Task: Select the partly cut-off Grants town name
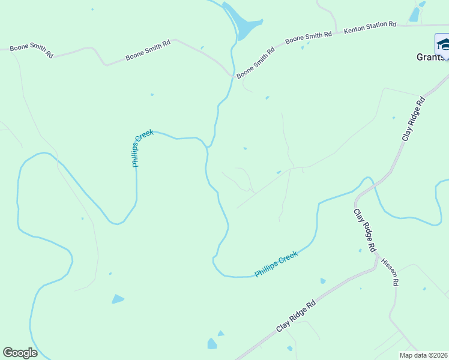pyautogui.click(x=432, y=58)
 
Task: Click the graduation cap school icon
pyautogui.click(x=443, y=44)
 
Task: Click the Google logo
pyautogui.click(x=20, y=353)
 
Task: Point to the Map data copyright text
pyautogui.click(x=423, y=355)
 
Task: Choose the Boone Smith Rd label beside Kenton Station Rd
pyautogui.click(x=309, y=38)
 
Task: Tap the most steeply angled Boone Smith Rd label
pyautogui.click(x=255, y=62)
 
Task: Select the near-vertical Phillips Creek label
pyautogui.click(x=143, y=148)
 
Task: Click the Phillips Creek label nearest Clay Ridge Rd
pyautogui.click(x=276, y=265)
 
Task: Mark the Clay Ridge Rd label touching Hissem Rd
pyautogui.click(x=364, y=230)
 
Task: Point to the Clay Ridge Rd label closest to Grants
pyautogui.click(x=414, y=119)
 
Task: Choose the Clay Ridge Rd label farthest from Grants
pyautogui.click(x=296, y=317)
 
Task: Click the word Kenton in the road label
pyautogui.click(x=353, y=29)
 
